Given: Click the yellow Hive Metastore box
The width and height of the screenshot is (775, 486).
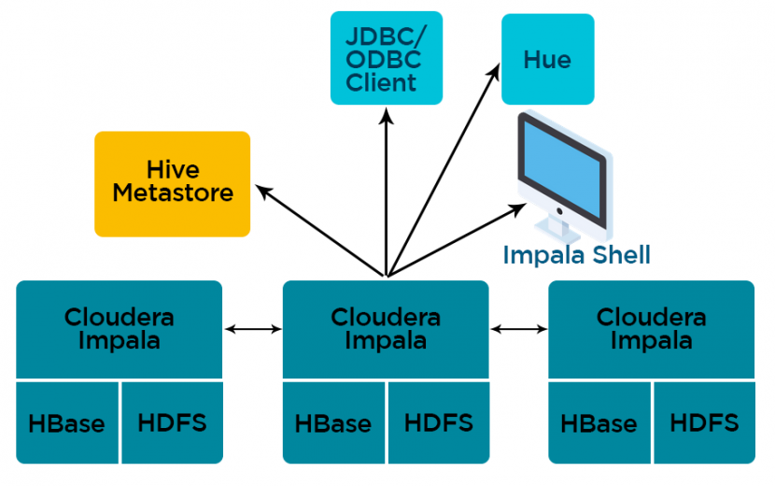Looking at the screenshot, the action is click(x=172, y=183).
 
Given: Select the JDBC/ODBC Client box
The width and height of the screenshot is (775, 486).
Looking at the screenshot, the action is click(x=386, y=58).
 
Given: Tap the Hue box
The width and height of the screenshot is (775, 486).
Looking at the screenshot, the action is click(x=548, y=59).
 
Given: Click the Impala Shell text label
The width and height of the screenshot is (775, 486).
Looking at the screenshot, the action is click(x=576, y=255).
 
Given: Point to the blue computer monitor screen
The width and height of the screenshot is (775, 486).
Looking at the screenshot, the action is click(x=562, y=169).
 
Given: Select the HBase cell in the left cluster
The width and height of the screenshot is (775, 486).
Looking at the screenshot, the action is click(x=67, y=422).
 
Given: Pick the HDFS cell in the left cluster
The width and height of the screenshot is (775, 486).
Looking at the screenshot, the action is click(x=172, y=422).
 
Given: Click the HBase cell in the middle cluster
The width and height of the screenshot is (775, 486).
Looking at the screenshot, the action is click(x=333, y=422).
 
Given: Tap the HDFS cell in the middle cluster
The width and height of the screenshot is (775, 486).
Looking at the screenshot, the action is click(x=439, y=422).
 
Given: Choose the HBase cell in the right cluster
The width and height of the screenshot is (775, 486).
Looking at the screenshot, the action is click(x=599, y=422).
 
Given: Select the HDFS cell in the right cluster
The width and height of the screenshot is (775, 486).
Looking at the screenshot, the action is click(x=705, y=422).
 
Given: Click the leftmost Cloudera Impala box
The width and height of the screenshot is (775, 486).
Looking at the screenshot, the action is click(x=120, y=329).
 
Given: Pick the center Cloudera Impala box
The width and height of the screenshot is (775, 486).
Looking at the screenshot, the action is click(x=386, y=329).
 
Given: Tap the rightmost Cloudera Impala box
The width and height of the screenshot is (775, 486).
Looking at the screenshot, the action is click(x=652, y=329).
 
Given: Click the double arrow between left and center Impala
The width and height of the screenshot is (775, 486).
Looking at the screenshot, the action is click(x=252, y=329).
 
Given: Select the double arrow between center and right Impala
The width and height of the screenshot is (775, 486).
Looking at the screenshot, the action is click(x=519, y=329).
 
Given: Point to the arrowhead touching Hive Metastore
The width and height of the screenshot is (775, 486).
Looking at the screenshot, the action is click(x=263, y=192).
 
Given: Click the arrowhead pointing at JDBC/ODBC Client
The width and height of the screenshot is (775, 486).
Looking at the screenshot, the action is click(x=387, y=117).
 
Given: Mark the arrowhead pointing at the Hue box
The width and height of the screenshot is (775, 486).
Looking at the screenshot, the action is click(x=494, y=71).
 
